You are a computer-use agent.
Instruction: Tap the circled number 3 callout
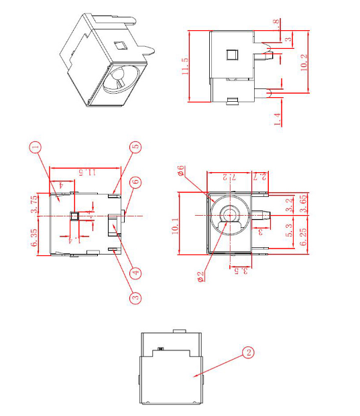135,297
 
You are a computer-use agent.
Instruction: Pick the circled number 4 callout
136,273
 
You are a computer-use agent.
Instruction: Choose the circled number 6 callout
135,182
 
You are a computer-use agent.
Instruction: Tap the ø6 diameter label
181,170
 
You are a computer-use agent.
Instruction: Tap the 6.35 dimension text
35,235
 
